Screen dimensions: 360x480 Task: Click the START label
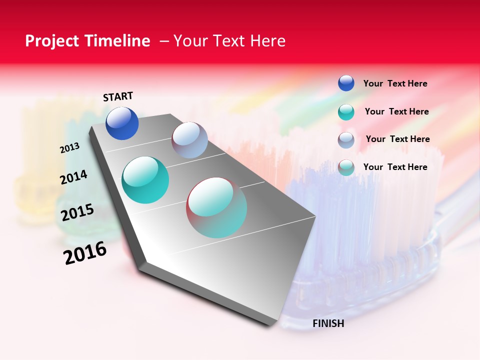(118, 96)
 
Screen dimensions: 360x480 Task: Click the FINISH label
(328, 323)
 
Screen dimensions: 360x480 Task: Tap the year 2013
(69, 148)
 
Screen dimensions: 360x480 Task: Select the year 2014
(73, 177)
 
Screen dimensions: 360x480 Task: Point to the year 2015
(77, 212)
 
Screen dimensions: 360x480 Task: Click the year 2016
(85, 253)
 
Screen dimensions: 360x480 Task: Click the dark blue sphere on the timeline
(122, 123)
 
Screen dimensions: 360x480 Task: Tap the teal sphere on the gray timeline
(145, 180)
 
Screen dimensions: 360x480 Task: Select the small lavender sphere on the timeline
(189, 140)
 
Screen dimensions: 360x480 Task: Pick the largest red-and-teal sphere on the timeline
(216, 207)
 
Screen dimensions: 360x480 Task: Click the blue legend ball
(346, 83)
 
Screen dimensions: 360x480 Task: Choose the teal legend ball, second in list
(346, 112)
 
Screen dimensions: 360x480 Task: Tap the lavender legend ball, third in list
(346, 140)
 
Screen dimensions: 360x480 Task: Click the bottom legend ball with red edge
(346, 167)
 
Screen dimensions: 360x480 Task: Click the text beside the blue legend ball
(395, 83)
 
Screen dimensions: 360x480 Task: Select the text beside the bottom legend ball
(395, 167)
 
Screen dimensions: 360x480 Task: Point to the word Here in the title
(267, 41)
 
